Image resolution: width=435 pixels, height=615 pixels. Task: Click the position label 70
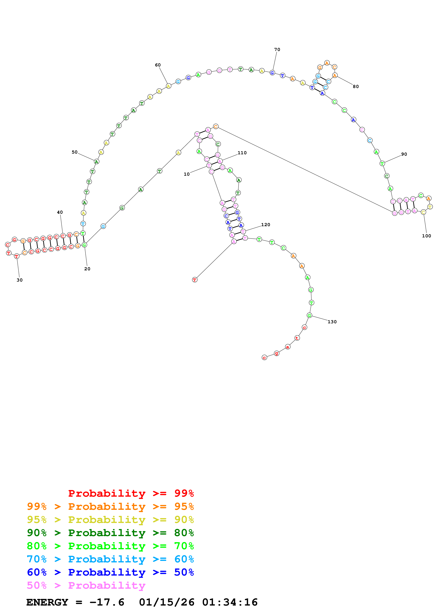pos(277,50)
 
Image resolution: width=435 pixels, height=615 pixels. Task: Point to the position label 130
pos(332,322)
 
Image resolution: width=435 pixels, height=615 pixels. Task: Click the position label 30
pos(20,280)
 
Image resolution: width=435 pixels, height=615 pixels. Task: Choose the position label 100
pos(426,236)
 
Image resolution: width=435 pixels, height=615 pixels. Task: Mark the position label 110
pos(242,153)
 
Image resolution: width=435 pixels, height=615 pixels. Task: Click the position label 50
pos(75,152)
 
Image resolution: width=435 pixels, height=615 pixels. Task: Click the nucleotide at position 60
pos(168,86)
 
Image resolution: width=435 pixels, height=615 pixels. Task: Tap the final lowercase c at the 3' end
pos(264,358)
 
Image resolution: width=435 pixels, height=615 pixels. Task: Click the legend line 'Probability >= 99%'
pos(131,493)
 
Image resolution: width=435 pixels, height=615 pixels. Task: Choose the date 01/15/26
pos(167,602)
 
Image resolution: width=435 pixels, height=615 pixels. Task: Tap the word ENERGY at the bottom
pos(47,602)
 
